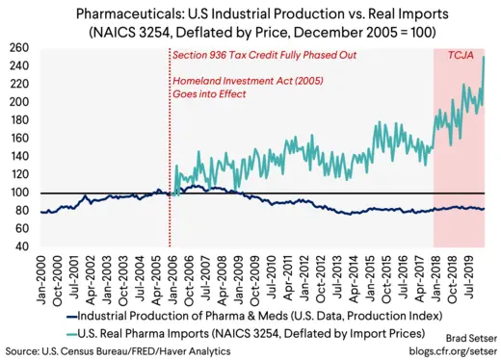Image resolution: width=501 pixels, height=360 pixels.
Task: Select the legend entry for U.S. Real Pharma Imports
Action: click(x=236, y=332)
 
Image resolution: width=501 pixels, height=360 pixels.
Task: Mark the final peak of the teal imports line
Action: click(x=482, y=57)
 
